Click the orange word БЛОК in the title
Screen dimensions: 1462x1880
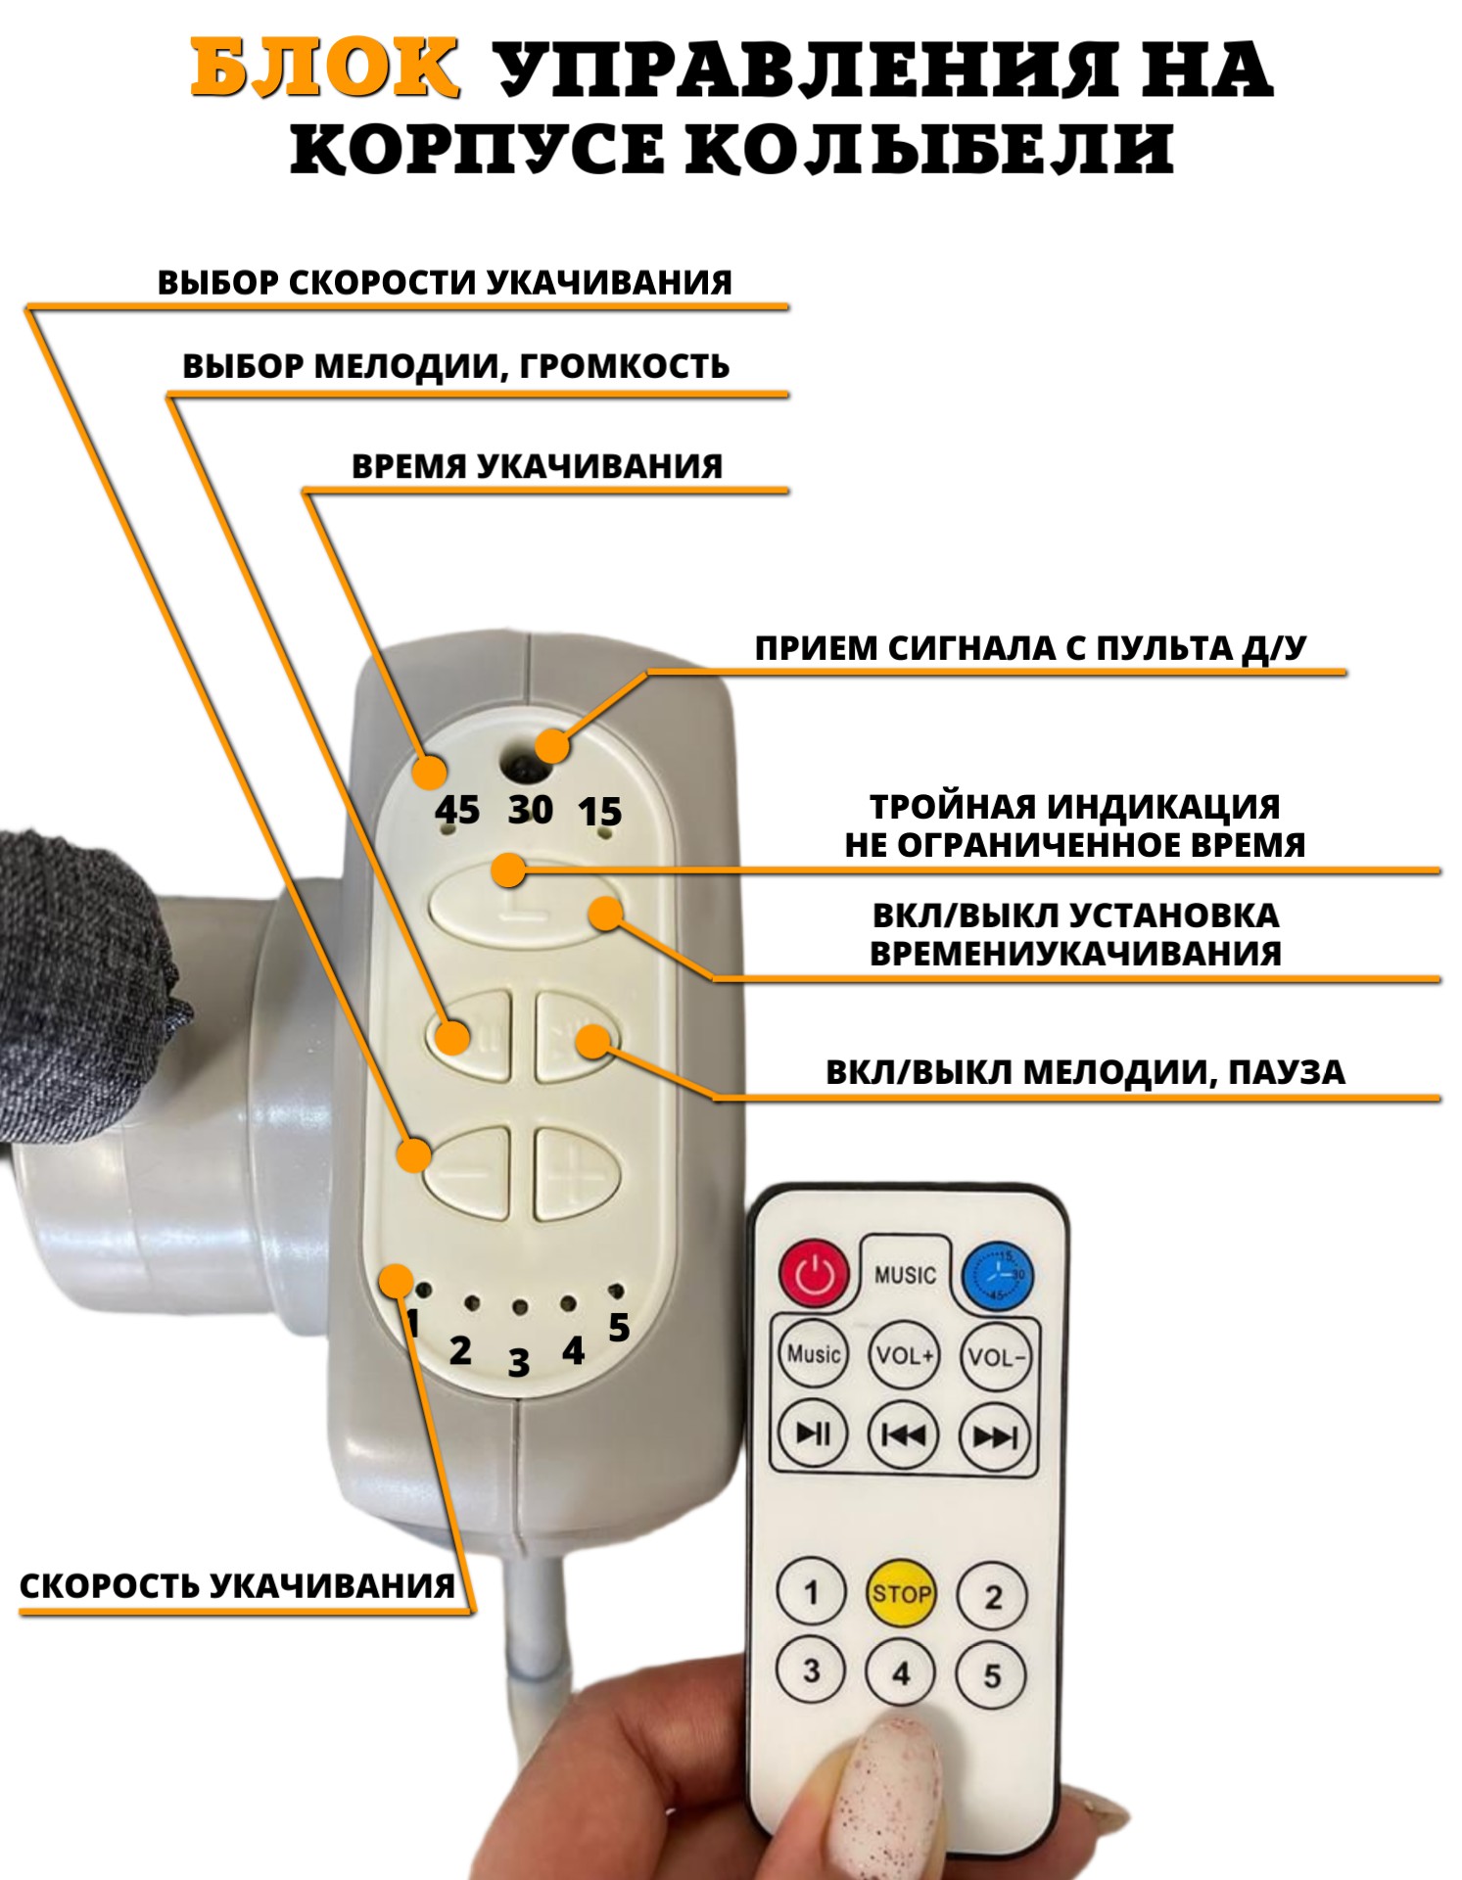(x=324, y=68)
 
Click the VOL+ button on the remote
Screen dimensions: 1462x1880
(x=904, y=1355)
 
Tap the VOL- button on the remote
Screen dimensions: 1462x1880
(x=995, y=1357)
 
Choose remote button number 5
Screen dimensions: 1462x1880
(x=991, y=1675)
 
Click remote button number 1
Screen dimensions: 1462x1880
(x=811, y=1592)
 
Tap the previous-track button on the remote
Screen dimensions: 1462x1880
(x=903, y=1435)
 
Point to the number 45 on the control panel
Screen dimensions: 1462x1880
(x=457, y=810)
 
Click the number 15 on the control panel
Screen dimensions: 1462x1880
(x=599, y=812)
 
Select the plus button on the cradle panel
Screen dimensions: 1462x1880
(x=576, y=1174)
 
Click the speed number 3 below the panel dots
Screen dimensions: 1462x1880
(x=518, y=1362)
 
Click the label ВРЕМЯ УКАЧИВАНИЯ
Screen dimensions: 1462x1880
(x=537, y=466)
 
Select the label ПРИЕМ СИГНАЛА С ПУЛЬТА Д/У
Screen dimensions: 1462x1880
(x=1030, y=648)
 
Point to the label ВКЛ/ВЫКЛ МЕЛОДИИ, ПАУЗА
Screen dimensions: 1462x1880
(x=1085, y=1072)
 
